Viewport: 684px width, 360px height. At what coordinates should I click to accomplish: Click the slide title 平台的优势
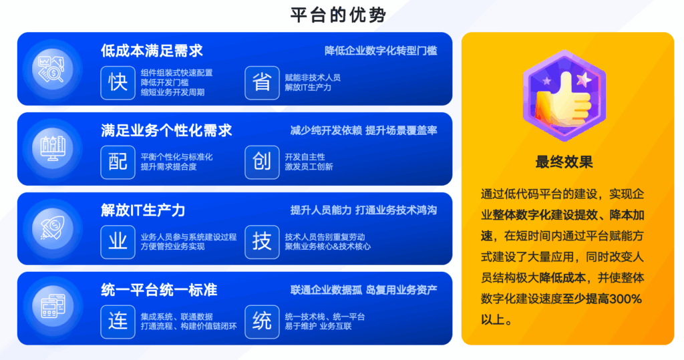[338, 15]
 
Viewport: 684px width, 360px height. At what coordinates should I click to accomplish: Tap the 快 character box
[118, 83]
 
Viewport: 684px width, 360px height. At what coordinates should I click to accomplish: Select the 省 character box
[262, 83]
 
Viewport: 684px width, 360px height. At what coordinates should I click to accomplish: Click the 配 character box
[118, 162]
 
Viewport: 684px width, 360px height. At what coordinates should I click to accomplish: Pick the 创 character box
[262, 162]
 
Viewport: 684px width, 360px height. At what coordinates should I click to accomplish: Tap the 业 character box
[118, 242]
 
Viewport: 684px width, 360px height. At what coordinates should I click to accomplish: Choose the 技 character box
[262, 242]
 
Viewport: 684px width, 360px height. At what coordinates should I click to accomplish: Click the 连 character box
[118, 322]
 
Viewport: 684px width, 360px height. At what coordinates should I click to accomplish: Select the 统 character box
[262, 322]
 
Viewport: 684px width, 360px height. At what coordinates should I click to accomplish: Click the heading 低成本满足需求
[152, 51]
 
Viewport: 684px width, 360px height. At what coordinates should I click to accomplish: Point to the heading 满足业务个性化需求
[166, 130]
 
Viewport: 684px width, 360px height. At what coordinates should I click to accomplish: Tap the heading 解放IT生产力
[143, 210]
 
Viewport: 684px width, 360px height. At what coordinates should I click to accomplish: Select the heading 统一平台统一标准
[159, 290]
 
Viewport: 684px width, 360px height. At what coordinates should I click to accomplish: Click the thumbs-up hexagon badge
[564, 96]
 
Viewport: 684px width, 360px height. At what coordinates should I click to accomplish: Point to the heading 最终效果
[564, 162]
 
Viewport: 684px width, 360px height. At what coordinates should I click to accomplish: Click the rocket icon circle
[53, 228]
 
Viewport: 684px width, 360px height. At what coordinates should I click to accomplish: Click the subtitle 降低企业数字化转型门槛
[381, 51]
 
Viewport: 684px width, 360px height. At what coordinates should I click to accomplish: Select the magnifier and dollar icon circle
[53, 69]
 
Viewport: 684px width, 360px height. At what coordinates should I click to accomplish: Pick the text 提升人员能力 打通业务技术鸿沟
[364, 210]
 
